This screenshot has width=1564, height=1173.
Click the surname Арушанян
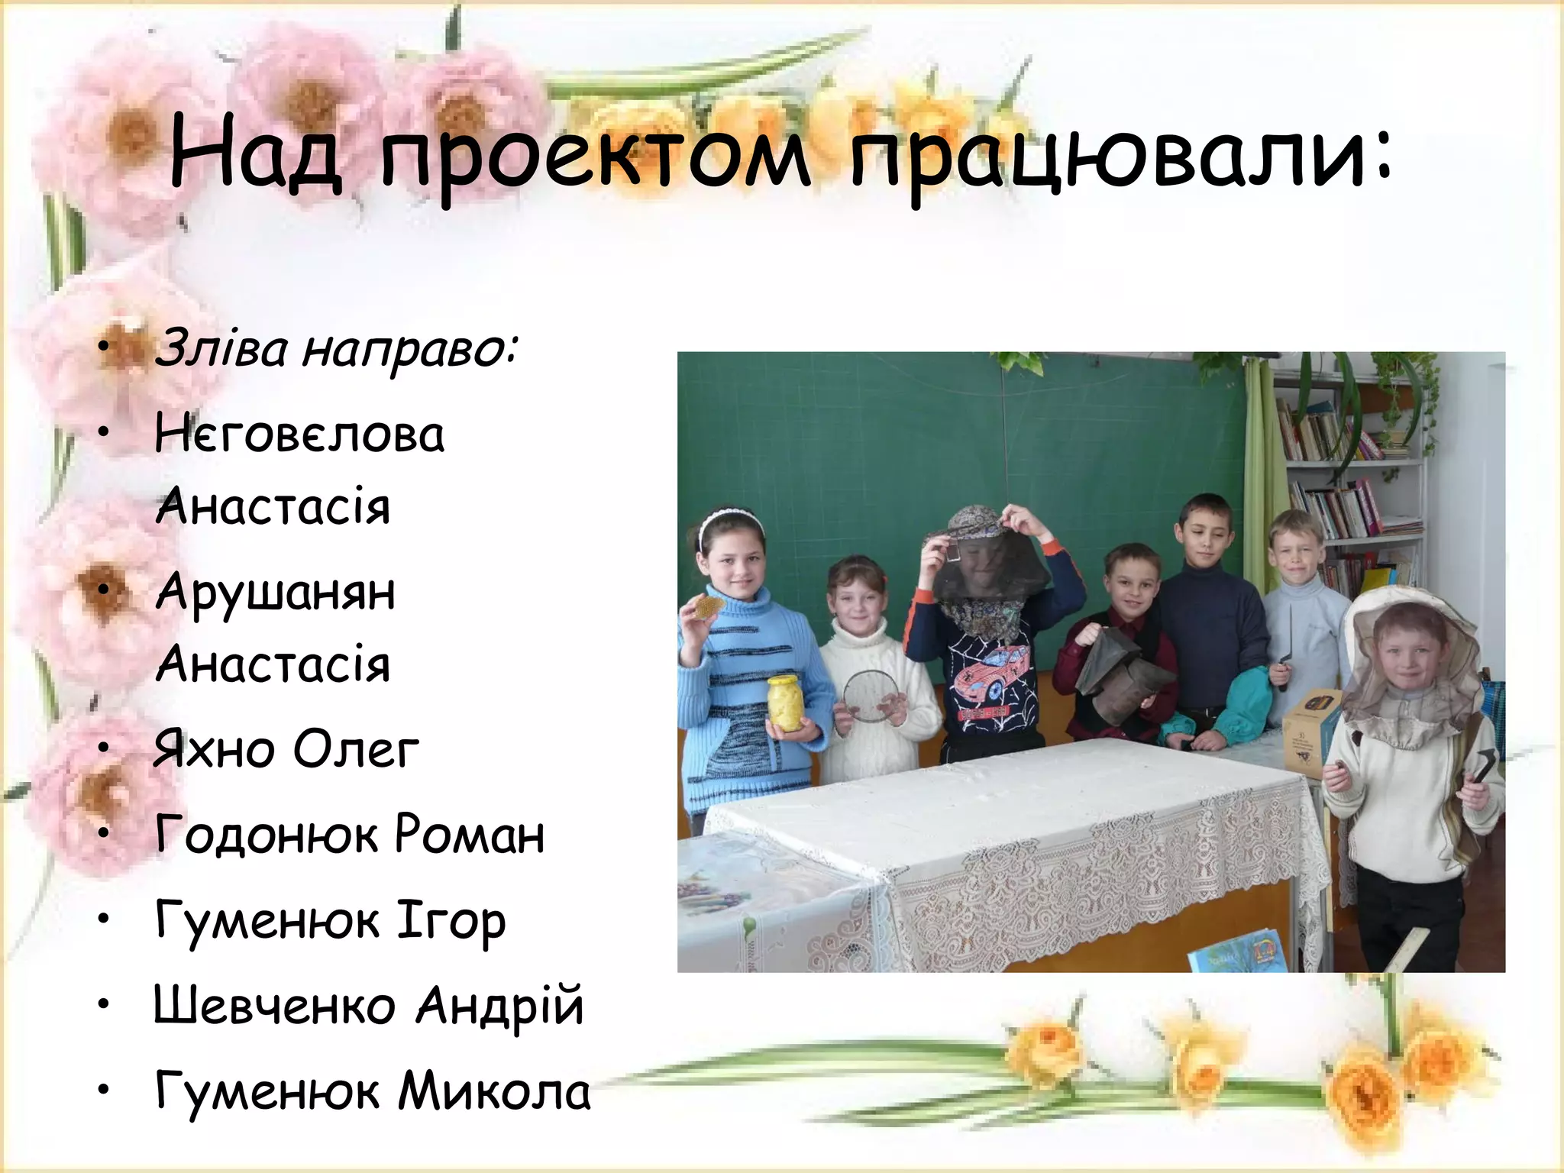[276, 593]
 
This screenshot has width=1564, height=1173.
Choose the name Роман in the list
[470, 834]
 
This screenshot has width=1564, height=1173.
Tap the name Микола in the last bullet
[494, 1091]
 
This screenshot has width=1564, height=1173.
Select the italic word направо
[410, 350]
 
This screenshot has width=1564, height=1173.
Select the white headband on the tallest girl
[732, 519]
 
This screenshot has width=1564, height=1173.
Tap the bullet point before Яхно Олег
[104, 749]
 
